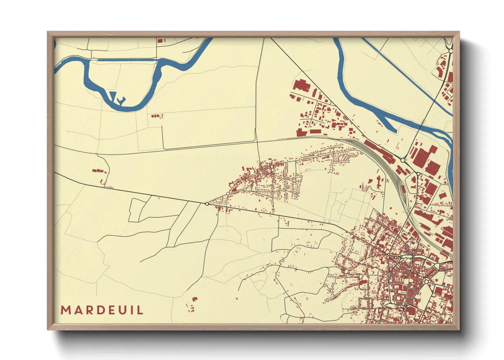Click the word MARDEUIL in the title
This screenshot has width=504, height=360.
[102, 310]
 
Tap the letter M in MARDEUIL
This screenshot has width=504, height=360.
[65, 310]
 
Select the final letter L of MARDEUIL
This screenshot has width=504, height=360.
[140, 310]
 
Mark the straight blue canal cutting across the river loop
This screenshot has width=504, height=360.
[127, 60]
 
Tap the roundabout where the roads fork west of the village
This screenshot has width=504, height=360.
[207, 203]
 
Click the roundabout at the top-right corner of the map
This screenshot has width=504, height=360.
[451, 51]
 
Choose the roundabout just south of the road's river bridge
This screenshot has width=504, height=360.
[403, 160]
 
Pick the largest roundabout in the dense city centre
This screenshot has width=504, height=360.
[426, 281]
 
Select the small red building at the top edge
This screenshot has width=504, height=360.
[160, 41]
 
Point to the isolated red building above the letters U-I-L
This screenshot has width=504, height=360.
[194, 299]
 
